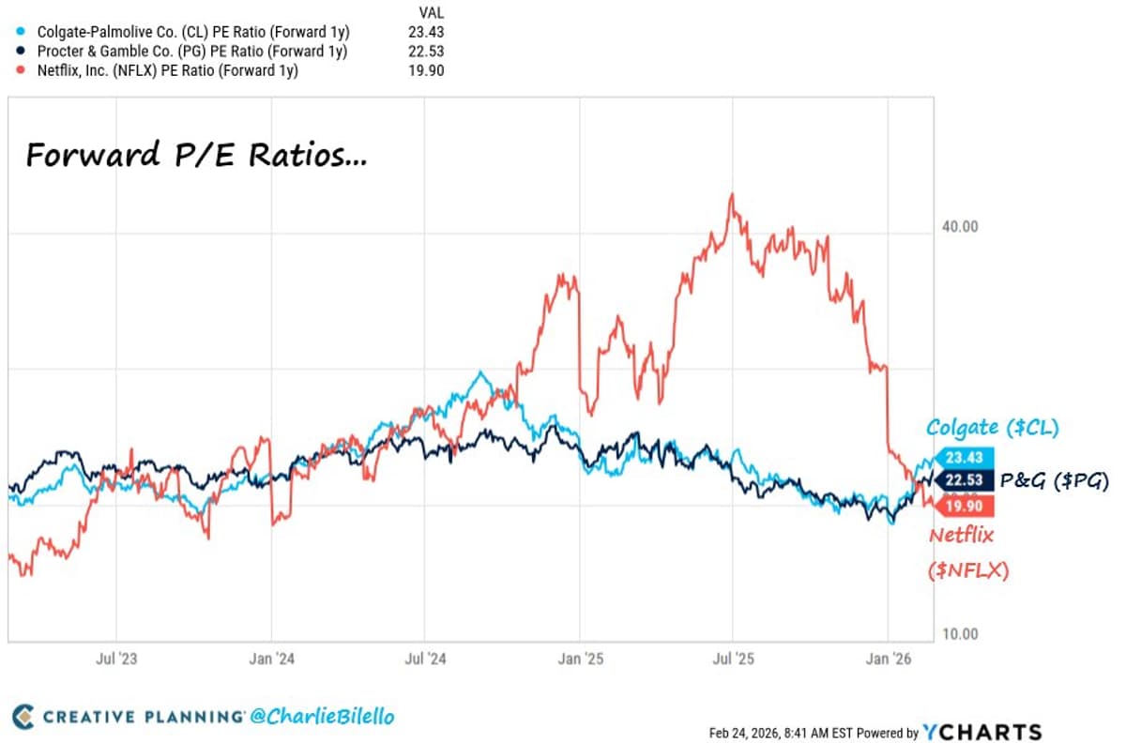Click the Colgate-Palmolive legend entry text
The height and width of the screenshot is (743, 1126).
[192, 31]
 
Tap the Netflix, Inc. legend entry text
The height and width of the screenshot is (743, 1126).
[167, 70]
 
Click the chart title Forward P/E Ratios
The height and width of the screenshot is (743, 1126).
[196, 155]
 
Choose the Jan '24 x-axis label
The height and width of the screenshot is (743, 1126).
[272, 659]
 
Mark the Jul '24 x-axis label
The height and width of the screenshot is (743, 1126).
[426, 659]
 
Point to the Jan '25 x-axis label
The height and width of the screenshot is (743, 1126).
[581, 659]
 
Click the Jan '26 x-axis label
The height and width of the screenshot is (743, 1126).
[888, 659]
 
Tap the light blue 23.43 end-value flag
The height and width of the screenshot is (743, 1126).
[960, 458]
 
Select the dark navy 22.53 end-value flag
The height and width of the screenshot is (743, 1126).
[960, 481]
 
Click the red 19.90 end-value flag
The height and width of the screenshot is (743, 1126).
[960, 507]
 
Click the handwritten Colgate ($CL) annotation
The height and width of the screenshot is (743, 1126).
[992, 429]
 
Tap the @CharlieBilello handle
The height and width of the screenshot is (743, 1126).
[322, 717]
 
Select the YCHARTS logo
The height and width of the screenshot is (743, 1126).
[981, 733]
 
